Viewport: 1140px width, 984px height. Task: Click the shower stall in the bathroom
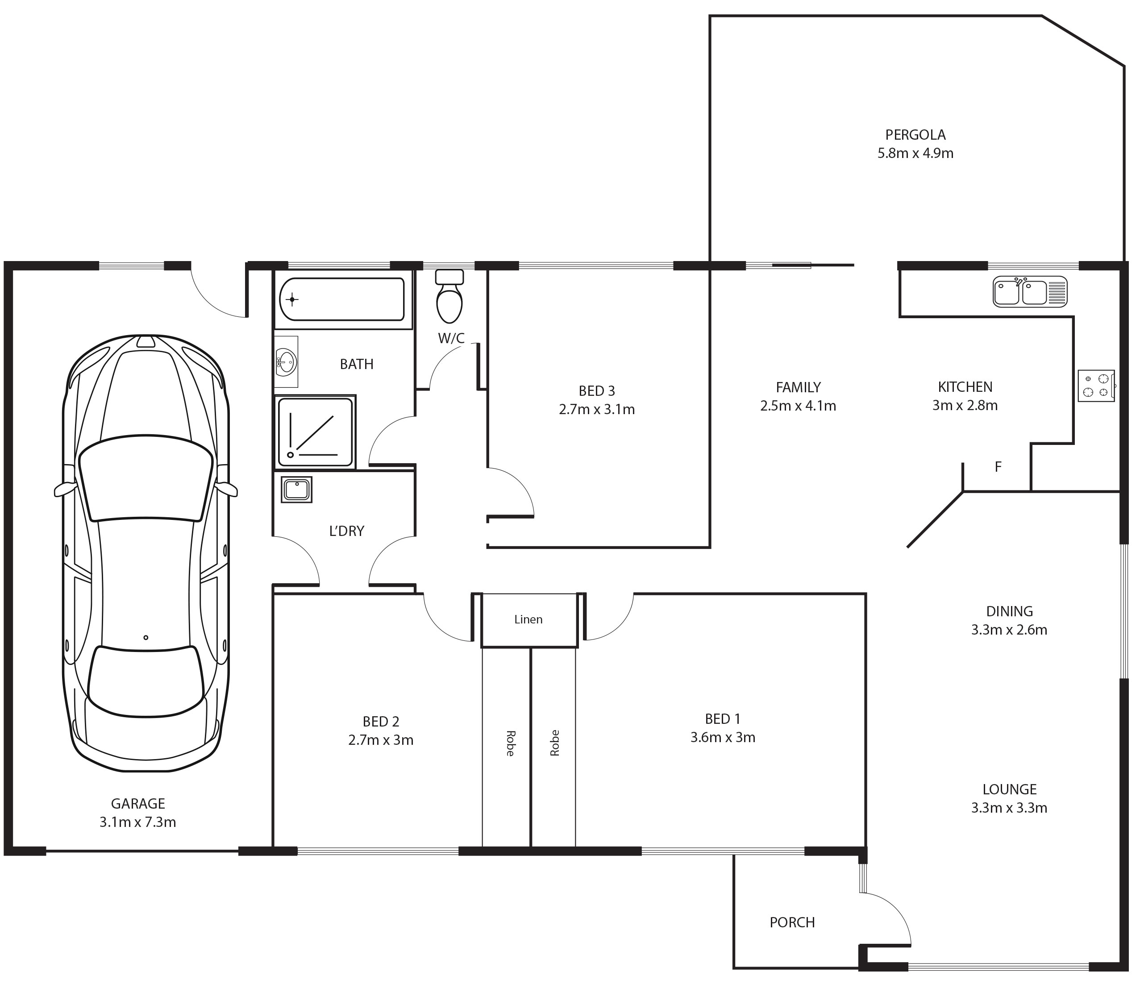pyautogui.click(x=315, y=432)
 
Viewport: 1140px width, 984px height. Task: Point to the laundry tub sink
pyautogui.click(x=296, y=490)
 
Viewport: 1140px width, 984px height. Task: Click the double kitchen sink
pyautogui.click(x=1029, y=291)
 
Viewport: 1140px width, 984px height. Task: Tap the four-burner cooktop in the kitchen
pyautogui.click(x=1096, y=386)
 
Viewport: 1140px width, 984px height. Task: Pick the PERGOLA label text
pyautogui.click(x=915, y=135)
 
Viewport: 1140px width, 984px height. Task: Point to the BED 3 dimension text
pyautogui.click(x=597, y=409)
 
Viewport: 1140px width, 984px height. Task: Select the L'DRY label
pyautogui.click(x=347, y=531)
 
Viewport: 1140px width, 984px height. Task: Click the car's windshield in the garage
pyautogui.click(x=146, y=478)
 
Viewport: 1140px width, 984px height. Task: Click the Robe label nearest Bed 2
pyautogui.click(x=510, y=743)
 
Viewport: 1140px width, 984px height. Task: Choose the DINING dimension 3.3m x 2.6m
pyautogui.click(x=1009, y=630)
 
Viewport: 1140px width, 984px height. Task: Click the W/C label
pyautogui.click(x=451, y=339)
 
